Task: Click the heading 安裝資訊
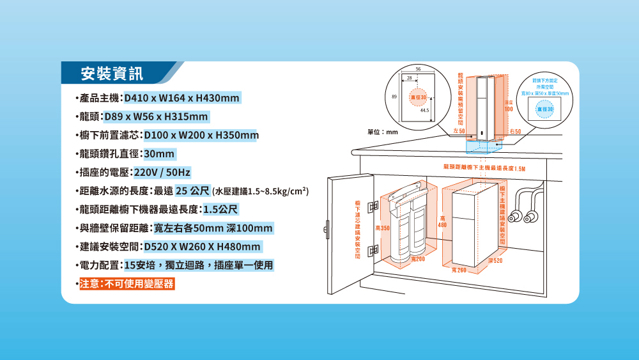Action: pyautogui.click(x=111, y=74)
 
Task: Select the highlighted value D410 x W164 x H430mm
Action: pyautogui.click(x=182, y=98)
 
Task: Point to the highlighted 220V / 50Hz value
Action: pyautogui.click(x=161, y=173)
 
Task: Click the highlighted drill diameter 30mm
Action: pyautogui.click(x=159, y=155)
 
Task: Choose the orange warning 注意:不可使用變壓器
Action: pyautogui.click(x=126, y=284)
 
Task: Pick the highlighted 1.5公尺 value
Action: pyautogui.click(x=221, y=210)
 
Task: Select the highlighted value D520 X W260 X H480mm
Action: pyautogui.click(x=203, y=247)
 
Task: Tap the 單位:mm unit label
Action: pyautogui.click(x=382, y=132)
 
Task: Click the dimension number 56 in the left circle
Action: pyautogui.click(x=418, y=68)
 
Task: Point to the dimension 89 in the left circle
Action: pyautogui.click(x=394, y=96)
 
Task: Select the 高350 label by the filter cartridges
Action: pyautogui.click(x=382, y=228)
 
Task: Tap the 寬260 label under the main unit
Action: pyautogui.click(x=458, y=271)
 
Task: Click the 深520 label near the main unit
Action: pyautogui.click(x=495, y=261)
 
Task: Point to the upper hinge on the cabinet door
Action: pyautogui.click(x=372, y=206)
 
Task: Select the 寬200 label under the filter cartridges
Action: pyautogui.click(x=418, y=258)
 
